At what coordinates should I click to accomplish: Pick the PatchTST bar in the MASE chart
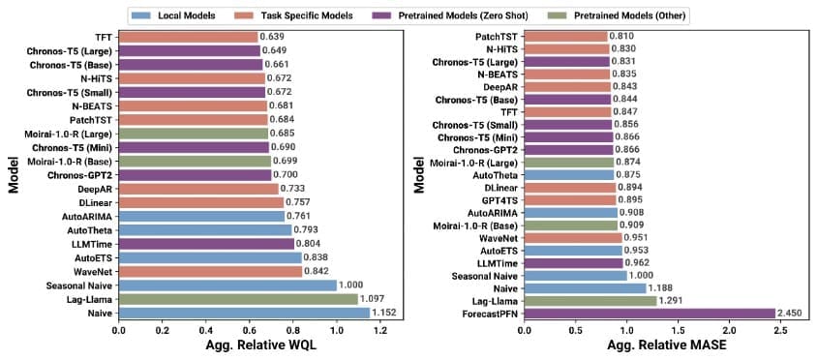pyautogui.click(x=566, y=37)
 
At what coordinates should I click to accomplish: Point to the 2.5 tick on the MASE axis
pyautogui.click(x=775, y=330)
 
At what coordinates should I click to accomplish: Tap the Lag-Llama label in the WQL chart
pyautogui.click(x=85, y=299)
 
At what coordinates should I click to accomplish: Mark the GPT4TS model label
pyautogui.click(x=499, y=199)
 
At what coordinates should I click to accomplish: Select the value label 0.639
pyautogui.click(x=272, y=37)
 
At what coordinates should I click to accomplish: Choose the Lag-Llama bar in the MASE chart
pyautogui.click(x=590, y=300)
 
